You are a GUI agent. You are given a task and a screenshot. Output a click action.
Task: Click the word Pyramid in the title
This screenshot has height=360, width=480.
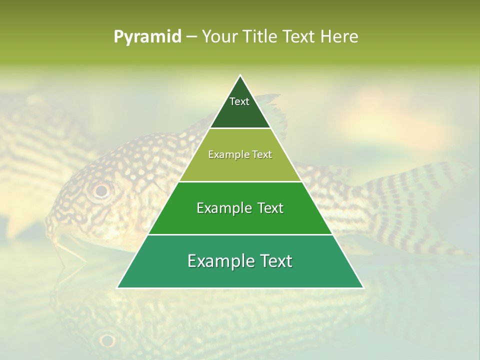[147, 36]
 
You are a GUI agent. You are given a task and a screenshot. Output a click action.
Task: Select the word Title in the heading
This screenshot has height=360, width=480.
[261, 36]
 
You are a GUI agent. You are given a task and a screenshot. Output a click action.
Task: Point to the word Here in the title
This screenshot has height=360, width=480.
[339, 36]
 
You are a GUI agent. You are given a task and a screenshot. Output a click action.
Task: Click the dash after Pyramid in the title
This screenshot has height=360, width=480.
[191, 37]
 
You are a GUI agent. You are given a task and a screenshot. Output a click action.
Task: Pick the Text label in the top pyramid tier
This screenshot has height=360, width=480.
[239, 101]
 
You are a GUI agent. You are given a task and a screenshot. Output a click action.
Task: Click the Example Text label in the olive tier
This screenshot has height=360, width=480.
[240, 154]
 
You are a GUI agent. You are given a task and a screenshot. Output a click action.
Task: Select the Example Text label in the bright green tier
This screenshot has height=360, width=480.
[240, 208]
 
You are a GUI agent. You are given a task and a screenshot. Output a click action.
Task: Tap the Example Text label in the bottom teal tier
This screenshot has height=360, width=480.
[240, 261]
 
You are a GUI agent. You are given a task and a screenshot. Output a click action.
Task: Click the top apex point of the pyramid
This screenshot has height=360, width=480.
[240, 75]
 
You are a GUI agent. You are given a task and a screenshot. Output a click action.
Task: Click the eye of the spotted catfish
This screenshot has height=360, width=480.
[101, 190]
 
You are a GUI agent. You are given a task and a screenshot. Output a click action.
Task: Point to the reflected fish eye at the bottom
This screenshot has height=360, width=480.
[107, 340]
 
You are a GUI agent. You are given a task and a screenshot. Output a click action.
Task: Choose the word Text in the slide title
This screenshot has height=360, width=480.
[301, 36]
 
